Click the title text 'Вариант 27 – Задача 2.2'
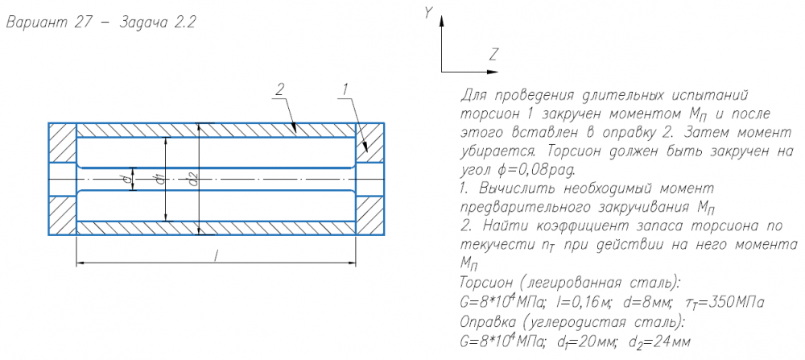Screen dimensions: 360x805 101,23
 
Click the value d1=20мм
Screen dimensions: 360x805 588,341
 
